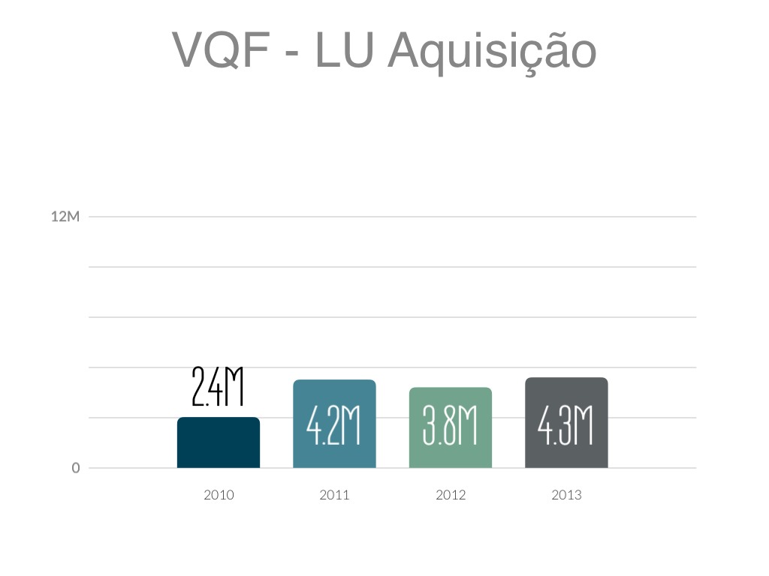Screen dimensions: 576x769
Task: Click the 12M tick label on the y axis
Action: coord(65,217)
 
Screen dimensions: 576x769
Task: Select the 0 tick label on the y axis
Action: coord(76,468)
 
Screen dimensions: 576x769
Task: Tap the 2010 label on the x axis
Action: coord(219,495)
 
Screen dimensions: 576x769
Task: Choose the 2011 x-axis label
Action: coord(334,495)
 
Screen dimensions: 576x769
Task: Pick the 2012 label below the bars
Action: coord(451,495)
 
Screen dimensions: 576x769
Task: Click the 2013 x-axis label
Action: coord(566,495)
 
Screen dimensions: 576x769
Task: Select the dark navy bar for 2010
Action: coord(219,447)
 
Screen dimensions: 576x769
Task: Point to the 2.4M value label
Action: coord(219,386)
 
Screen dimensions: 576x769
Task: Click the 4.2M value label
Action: coord(334,427)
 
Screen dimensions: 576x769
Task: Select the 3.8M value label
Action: coord(451,427)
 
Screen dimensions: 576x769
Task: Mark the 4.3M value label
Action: coord(566,427)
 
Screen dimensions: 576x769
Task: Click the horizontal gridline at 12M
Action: coord(391,217)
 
